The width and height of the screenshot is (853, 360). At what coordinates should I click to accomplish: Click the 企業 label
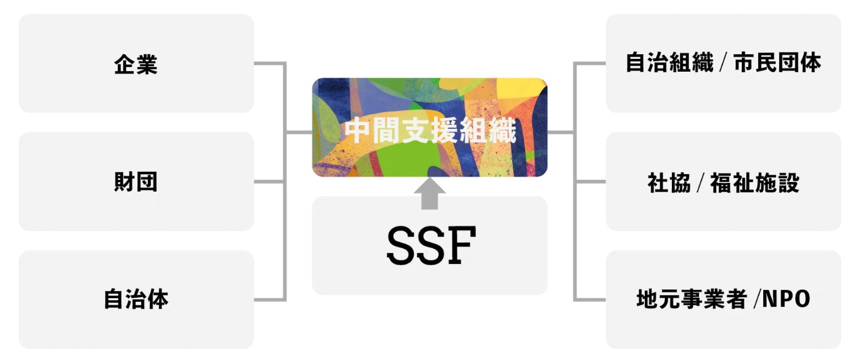[136, 64]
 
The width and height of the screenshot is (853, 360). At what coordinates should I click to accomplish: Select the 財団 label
[136, 182]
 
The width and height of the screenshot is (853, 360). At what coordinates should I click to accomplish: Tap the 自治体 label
[136, 299]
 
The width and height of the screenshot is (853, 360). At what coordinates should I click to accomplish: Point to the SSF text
[431, 246]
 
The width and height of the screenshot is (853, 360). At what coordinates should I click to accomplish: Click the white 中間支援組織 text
[430, 132]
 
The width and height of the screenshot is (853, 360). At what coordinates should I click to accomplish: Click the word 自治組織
[669, 62]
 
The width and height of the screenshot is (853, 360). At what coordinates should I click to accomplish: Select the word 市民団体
[777, 62]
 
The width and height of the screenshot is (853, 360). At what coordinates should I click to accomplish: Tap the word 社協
[669, 183]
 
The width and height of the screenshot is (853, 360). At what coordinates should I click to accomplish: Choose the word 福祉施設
[755, 183]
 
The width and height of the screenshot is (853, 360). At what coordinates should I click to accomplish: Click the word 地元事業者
[692, 299]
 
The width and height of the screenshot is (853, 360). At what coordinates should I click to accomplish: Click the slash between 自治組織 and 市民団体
[723, 63]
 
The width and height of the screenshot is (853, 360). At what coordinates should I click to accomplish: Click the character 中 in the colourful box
[355, 132]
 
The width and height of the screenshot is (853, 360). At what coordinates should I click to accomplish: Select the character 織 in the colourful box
[504, 132]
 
